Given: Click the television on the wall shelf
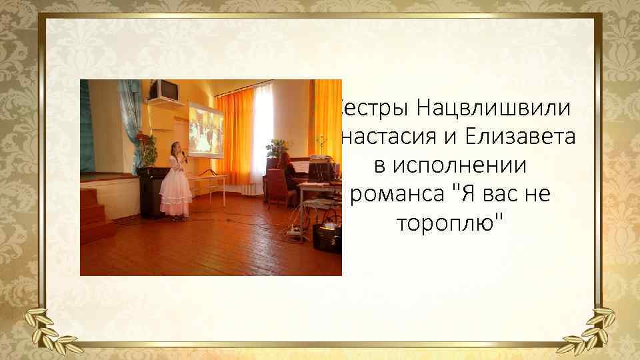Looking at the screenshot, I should (163, 89).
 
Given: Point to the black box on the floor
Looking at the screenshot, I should (327, 237).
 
